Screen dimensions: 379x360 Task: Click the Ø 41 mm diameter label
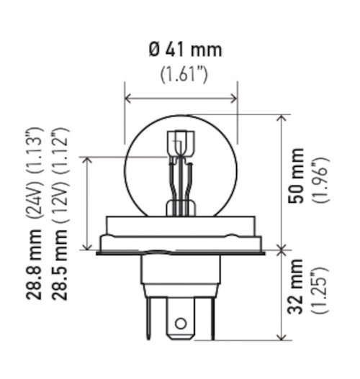[186, 50]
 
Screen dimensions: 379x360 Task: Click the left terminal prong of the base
[149, 316]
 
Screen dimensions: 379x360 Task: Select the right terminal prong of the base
[211, 316]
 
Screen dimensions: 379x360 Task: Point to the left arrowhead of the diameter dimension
[128, 98]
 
